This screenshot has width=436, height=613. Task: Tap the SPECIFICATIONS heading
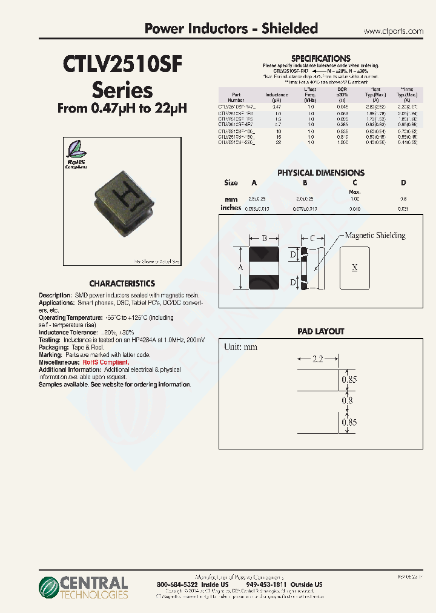(320, 58)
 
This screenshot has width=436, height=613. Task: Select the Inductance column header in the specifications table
(277, 95)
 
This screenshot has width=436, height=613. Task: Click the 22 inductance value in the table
(277, 142)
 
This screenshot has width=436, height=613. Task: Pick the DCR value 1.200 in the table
(343, 142)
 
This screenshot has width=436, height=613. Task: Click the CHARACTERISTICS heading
(122, 283)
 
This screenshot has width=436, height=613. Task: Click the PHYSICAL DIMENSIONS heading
(320, 173)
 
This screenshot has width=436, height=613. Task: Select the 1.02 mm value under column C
(355, 199)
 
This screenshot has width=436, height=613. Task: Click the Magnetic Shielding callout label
(375, 236)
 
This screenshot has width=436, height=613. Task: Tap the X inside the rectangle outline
(355, 267)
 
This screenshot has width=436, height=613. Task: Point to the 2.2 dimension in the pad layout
(319, 359)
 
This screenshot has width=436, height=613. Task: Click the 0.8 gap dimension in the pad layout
(347, 401)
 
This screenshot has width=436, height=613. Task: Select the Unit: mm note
(241, 347)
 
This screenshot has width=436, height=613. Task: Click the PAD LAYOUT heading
(320, 331)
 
